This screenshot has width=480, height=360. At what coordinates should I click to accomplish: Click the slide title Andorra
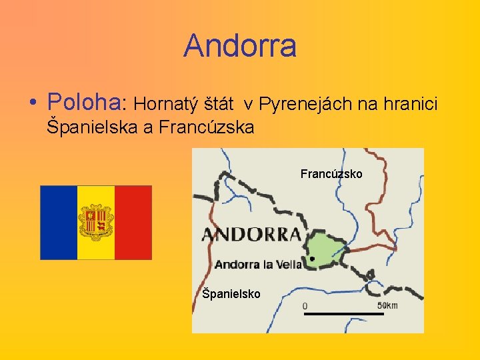click(x=239, y=46)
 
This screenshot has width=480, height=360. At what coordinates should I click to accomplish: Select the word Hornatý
click(x=160, y=103)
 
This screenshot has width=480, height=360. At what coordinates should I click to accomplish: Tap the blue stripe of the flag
click(x=59, y=222)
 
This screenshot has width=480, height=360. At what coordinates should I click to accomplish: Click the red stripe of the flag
click(x=133, y=222)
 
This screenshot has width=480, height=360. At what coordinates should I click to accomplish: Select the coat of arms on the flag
click(x=96, y=221)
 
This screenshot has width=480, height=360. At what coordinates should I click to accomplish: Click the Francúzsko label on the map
click(x=331, y=174)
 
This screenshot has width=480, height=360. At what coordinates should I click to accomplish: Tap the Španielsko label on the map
click(x=231, y=293)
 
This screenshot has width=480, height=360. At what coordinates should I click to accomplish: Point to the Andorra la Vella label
click(x=258, y=265)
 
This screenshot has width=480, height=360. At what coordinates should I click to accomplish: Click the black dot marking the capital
click(x=311, y=259)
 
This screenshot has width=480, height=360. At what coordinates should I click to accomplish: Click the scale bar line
click(x=344, y=313)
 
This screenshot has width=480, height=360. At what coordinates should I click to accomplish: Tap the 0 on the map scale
click(x=305, y=306)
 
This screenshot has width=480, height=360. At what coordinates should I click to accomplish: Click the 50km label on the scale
click(x=387, y=305)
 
